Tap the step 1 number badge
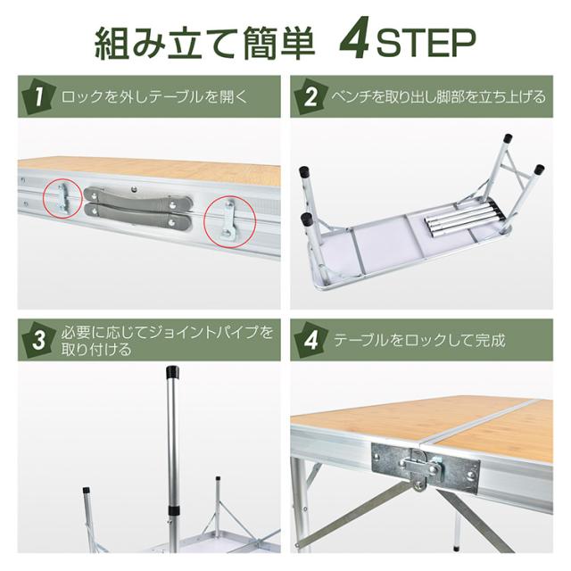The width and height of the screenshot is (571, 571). tap(39, 96)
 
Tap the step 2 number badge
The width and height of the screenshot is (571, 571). tap(310, 96)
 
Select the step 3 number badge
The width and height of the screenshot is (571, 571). tap(39, 340)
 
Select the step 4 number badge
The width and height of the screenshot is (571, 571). tap(310, 340)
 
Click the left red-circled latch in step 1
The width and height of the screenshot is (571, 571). tap(62, 198)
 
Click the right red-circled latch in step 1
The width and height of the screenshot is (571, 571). tap(229, 222)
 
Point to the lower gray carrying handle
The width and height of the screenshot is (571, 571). tap(137, 219)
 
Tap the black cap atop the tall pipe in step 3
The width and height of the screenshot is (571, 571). tap(172, 372)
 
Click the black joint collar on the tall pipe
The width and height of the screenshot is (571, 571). tap(173, 509)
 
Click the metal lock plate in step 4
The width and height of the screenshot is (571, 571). tap(425, 467)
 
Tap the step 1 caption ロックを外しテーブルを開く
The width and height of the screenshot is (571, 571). tap(154, 97)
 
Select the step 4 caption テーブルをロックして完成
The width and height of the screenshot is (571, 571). tap(419, 341)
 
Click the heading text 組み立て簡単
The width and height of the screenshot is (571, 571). tap(204, 43)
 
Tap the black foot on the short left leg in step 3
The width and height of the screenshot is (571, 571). tap(87, 490)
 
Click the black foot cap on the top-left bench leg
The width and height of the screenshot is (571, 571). tap(303, 171)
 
